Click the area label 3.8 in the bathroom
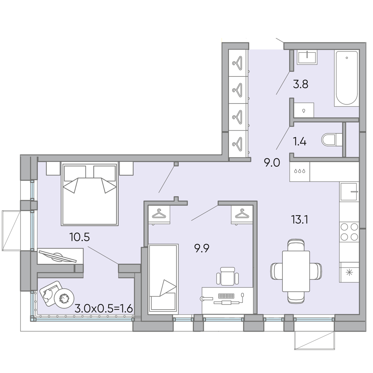pyautogui.click(x=300, y=84)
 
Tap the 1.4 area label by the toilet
pyautogui.click(x=300, y=142)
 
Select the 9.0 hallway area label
pyautogui.click(x=272, y=163)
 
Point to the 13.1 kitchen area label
pyautogui.click(x=300, y=220)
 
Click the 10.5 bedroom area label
pyautogui.click(x=79, y=237)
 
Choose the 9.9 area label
pyautogui.click(x=202, y=248)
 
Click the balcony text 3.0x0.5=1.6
pyautogui.click(x=103, y=309)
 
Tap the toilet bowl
pyautogui.click(x=332, y=140)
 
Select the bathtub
pyautogui.click(x=346, y=78)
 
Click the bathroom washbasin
pyautogui.click(x=307, y=57)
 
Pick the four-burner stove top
pyautogui.click(x=349, y=232)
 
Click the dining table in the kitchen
pyautogui.click(x=296, y=271)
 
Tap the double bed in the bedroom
pyautogui.click(x=90, y=194)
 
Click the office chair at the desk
pyautogui.click(x=228, y=276)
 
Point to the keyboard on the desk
pyautogui.click(x=226, y=296)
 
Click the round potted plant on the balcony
pyautogui.click(x=64, y=298)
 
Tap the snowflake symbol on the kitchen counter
pyautogui.click(x=349, y=273)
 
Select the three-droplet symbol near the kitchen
pyautogui.click(x=300, y=171)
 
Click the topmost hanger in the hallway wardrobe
pyautogui.click(x=238, y=63)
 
